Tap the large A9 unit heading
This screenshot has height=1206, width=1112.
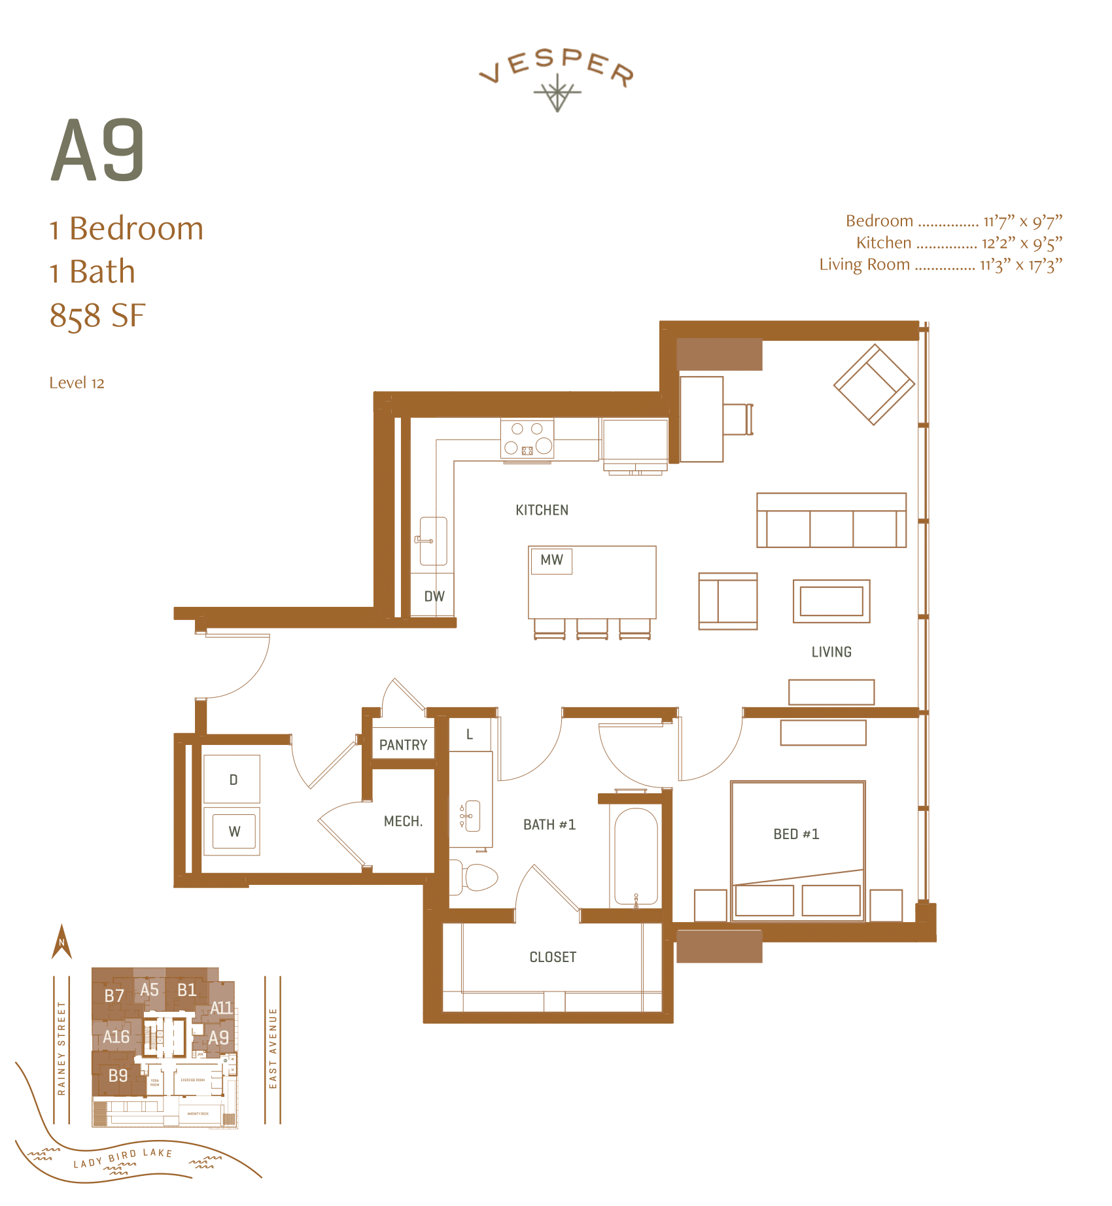[98, 151]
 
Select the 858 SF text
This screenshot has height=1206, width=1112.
[97, 315]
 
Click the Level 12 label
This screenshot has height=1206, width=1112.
[77, 383]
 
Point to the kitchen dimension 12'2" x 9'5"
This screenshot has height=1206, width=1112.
[1021, 243]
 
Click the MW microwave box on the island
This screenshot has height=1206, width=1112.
[551, 560]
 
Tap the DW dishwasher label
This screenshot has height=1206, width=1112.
[434, 596]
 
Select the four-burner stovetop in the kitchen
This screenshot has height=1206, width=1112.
[527, 438]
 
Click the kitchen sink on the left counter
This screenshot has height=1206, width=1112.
[433, 541]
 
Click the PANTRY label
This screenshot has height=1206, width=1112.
[403, 745]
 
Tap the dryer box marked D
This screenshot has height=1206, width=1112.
[232, 779]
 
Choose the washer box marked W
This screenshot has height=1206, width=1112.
[234, 831]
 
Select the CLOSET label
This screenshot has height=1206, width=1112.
[553, 957]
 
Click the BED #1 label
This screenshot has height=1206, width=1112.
[796, 834]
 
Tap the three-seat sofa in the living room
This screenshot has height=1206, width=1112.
[831, 521]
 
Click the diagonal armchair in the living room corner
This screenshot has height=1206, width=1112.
[874, 385]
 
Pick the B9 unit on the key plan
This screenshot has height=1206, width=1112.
[118, 1075]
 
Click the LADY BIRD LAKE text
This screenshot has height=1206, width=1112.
[123, 1158]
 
